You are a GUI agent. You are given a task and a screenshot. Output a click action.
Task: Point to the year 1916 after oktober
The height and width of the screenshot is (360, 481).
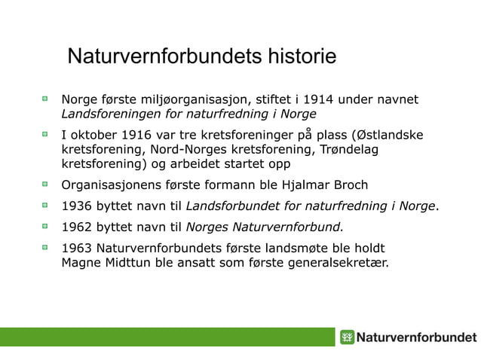140,136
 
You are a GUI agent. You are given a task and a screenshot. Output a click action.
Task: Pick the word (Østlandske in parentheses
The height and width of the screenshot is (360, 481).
387,136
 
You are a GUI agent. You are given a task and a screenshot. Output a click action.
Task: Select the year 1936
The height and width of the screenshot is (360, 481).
78,206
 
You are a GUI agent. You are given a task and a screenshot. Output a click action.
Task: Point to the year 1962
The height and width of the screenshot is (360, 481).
78,226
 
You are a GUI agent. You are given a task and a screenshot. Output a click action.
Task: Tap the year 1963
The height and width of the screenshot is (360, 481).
78,247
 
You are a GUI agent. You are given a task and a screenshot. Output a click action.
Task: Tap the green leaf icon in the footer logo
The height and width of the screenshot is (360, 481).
347,337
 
